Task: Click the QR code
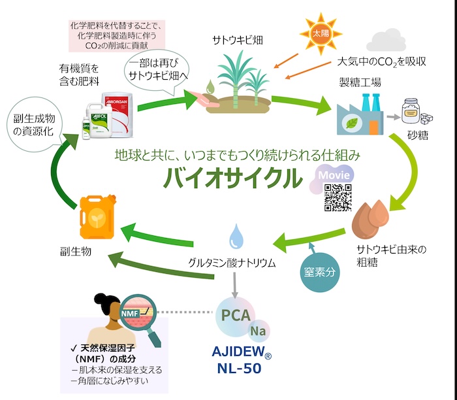click(x=338, y=198)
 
